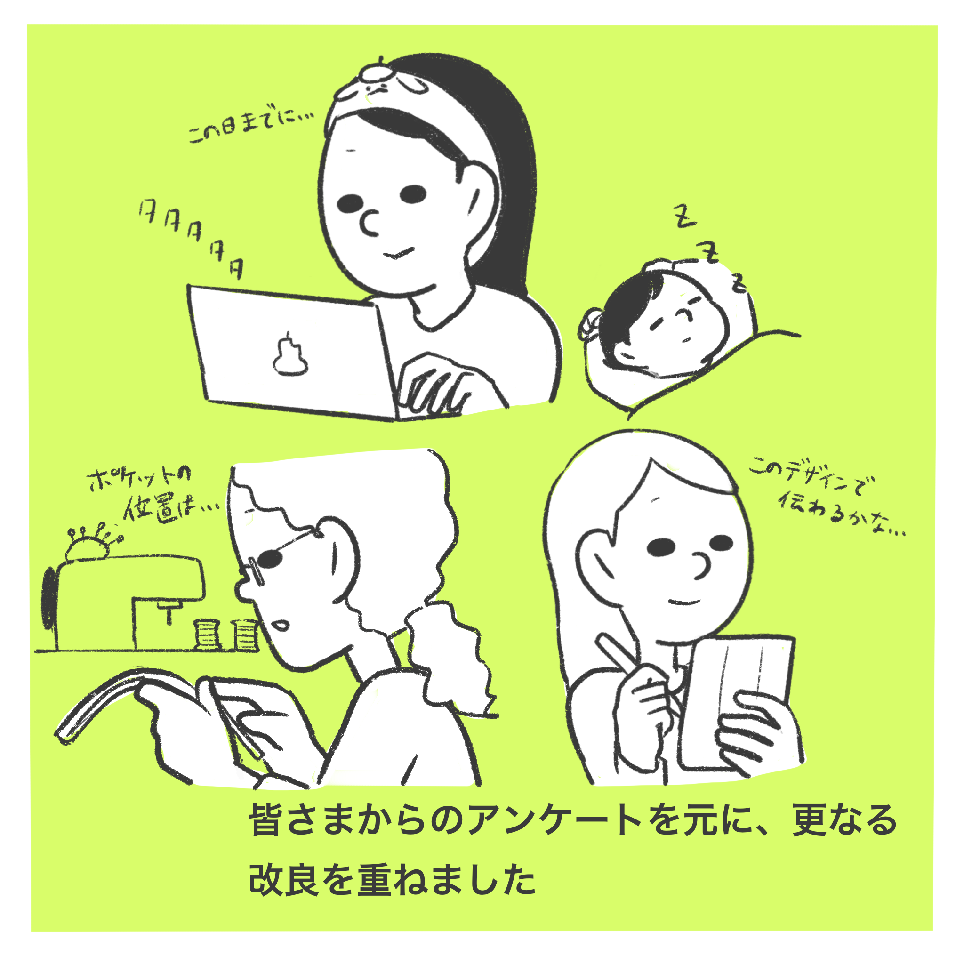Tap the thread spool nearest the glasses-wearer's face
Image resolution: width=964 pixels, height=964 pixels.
pos(245,634)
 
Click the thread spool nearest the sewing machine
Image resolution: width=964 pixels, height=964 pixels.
pos(206,634)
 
